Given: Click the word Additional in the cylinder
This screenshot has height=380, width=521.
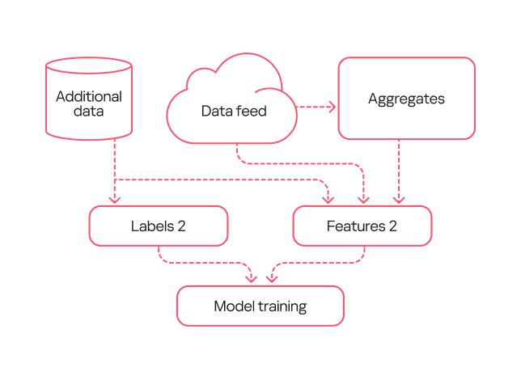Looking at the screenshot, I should coord(89,96).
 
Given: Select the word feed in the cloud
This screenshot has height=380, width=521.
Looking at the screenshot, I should coord(250,111).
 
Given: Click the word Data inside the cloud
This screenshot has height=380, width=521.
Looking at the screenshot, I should coord(216,111).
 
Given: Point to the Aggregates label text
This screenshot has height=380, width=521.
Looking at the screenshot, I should coord(406,99).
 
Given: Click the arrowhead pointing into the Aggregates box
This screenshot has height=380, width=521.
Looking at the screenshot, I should coord(331,107).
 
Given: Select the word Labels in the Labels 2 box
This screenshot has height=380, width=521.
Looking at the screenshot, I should coord(151,226).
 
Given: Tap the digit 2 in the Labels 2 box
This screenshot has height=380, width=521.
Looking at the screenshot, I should coord(182,226).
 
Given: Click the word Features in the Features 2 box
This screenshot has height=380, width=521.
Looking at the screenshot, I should coord(356,226).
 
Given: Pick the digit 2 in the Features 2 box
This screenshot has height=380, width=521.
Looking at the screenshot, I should coord(393,226).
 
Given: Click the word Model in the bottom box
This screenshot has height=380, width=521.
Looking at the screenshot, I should coord(234,306).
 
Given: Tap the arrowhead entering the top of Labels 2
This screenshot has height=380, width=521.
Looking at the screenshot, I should coord(115,200).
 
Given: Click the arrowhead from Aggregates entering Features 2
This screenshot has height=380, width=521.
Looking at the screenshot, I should coord(398,200).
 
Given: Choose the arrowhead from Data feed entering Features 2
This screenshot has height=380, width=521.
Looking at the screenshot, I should coord(363,200).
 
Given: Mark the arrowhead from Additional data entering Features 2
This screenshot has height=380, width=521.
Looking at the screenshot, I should coord(328,200).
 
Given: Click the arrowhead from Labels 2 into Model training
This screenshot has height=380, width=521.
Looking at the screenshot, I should coord(251,279).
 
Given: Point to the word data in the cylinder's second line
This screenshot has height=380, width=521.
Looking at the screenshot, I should coord(89,112).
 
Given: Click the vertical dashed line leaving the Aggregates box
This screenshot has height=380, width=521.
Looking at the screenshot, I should coord(398,166).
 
